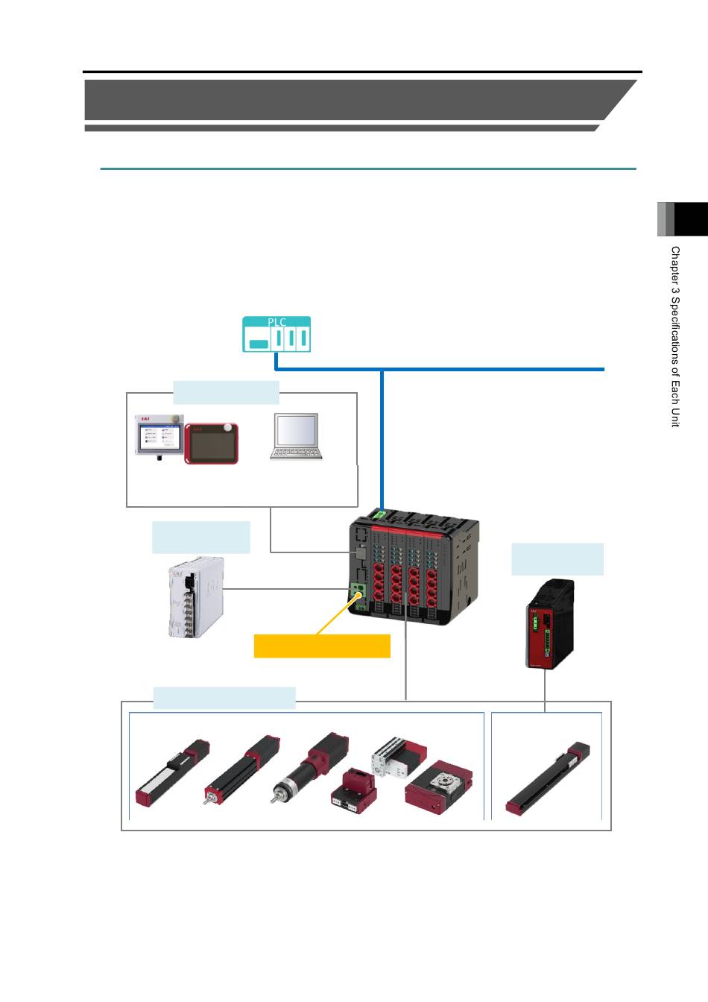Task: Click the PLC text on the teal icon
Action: (x=276, y=322)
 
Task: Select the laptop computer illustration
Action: (x=296, y=436)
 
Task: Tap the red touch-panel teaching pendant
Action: (x=212, y=444)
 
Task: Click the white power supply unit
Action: (x=196, y=597)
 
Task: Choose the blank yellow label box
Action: (x=322, y=646)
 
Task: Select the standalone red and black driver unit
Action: (x=550, y=623)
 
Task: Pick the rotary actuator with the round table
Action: (x=439, y=787)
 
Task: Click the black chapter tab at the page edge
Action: (x=691, y=219)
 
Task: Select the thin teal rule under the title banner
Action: (x=368, y=168)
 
